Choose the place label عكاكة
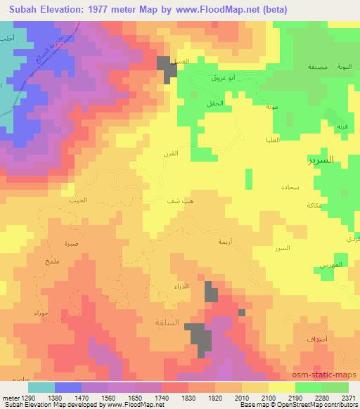point(314,205)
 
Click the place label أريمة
point(224,241)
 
